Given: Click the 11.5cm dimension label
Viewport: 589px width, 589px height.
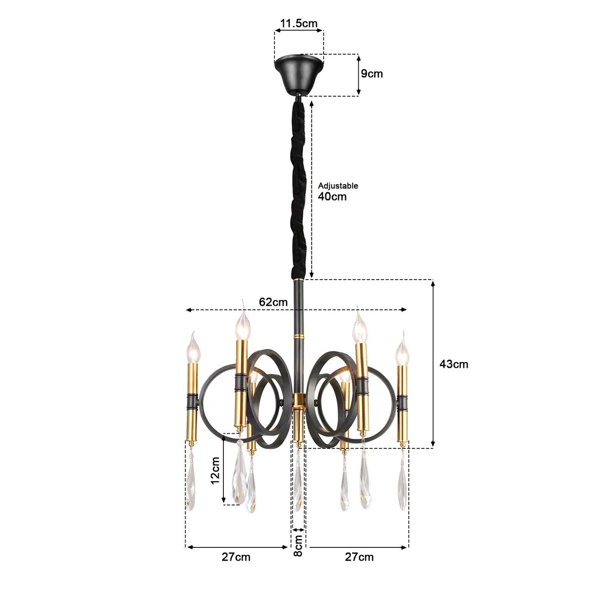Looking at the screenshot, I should click(298, 23).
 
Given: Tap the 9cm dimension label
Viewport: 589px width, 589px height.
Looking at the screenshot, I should click(372, 74).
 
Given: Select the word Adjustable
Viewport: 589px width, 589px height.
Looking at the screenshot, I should click(338, 186).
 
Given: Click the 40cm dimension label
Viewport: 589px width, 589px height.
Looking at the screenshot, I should click(332, 197).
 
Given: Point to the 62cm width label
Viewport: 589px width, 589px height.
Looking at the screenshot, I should click(273, 302).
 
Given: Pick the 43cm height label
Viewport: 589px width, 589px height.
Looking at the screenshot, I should click(454, 364).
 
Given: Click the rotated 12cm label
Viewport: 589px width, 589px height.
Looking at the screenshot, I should click(215, 470).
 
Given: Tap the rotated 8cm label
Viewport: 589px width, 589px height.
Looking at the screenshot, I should click(298, 546).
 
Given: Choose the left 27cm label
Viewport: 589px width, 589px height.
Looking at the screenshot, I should click(236, 557).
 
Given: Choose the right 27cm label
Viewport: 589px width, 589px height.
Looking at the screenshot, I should click(359, 557).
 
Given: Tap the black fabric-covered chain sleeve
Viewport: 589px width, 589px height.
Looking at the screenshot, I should click(299, 188).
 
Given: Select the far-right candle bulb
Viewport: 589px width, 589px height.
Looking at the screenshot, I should click(402, 351).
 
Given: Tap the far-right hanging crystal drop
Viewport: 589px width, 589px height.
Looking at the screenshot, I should click(402, 483).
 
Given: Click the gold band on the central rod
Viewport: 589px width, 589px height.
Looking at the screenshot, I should click(299, 337).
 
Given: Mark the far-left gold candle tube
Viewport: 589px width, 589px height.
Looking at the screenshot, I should click(192, 401).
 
